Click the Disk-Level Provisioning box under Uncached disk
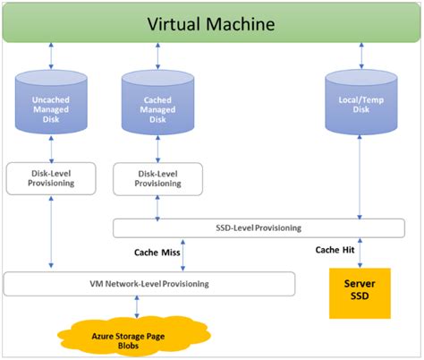(50, 177)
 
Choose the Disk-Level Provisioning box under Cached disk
(158, 177)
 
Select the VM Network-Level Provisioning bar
(149, 284)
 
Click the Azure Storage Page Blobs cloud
(136, 338)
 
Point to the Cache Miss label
(157, 253)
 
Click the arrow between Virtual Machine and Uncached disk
(50, 57)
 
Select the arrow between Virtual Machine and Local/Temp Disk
(360, 57)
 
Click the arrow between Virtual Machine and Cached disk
(158, 57)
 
